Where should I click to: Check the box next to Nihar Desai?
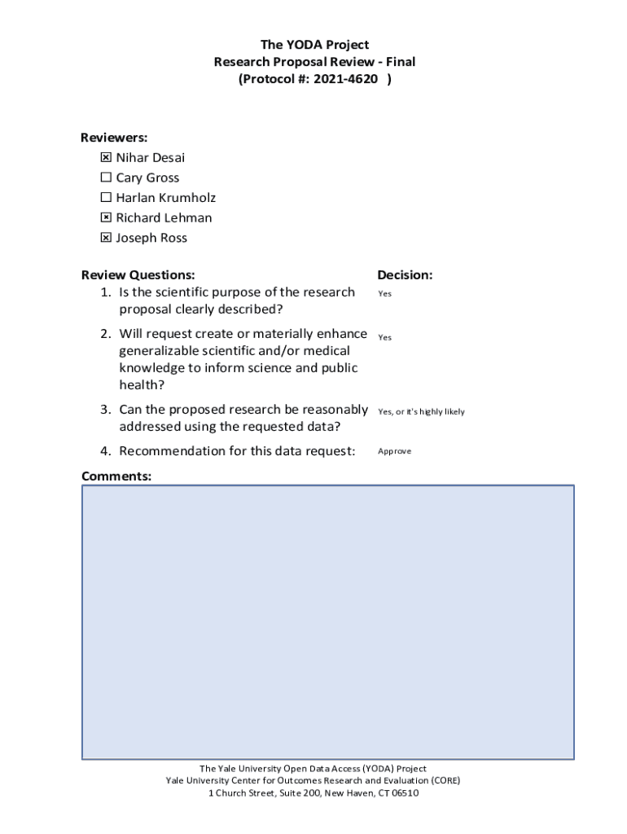tap(106, 158)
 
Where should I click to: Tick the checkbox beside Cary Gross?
tap(106, 178)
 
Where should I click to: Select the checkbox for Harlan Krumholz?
tap(106, 198)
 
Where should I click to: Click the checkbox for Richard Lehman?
tap(106, 218)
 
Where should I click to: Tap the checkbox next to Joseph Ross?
tap(106, 238)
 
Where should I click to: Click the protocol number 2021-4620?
tap(353, 79)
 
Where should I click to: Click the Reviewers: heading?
tap(114, 138)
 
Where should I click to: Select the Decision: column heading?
tap(405, 275)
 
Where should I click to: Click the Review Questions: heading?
tap(138, 275)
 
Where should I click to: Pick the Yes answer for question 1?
tap(384, 294)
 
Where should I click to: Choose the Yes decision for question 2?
tap(384, 337)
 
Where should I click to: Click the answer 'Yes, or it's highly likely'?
tap(421, 412)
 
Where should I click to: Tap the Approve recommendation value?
tap(394, 451)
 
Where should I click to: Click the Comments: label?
tap(116, 476)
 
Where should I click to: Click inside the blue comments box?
tap(327, 622)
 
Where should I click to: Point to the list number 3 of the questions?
tap(105, 409)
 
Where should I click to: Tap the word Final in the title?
tap(399, 62)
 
